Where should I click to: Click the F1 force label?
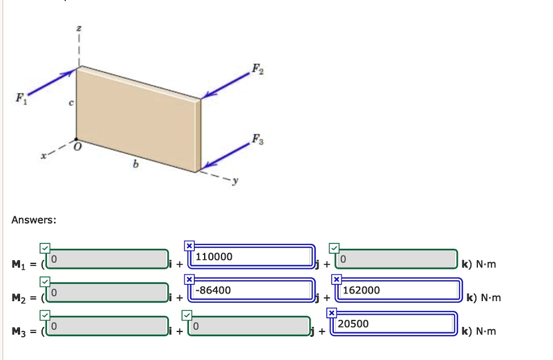(20, 98)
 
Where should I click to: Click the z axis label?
(79, 29)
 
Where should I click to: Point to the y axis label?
(234, 181)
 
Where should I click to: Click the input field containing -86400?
(251, 290)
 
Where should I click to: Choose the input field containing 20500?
(393, 324)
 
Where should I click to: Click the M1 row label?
(21, 264)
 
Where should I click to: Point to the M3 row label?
(21, 331)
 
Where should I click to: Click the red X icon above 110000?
(189, 246)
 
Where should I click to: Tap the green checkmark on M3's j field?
(186, 314)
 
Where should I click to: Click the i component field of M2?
(108, 293)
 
